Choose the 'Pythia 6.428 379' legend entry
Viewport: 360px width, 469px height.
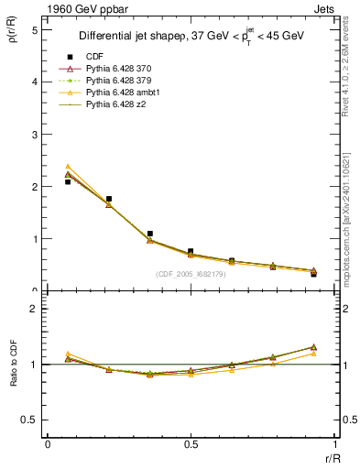pos(125,81)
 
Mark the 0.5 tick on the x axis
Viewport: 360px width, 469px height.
pos(190,444)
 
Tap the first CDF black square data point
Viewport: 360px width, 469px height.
pos(68,182)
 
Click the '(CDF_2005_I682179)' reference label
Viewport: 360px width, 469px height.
pos(190,274)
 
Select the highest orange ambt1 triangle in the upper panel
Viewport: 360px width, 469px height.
pos(68,167)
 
